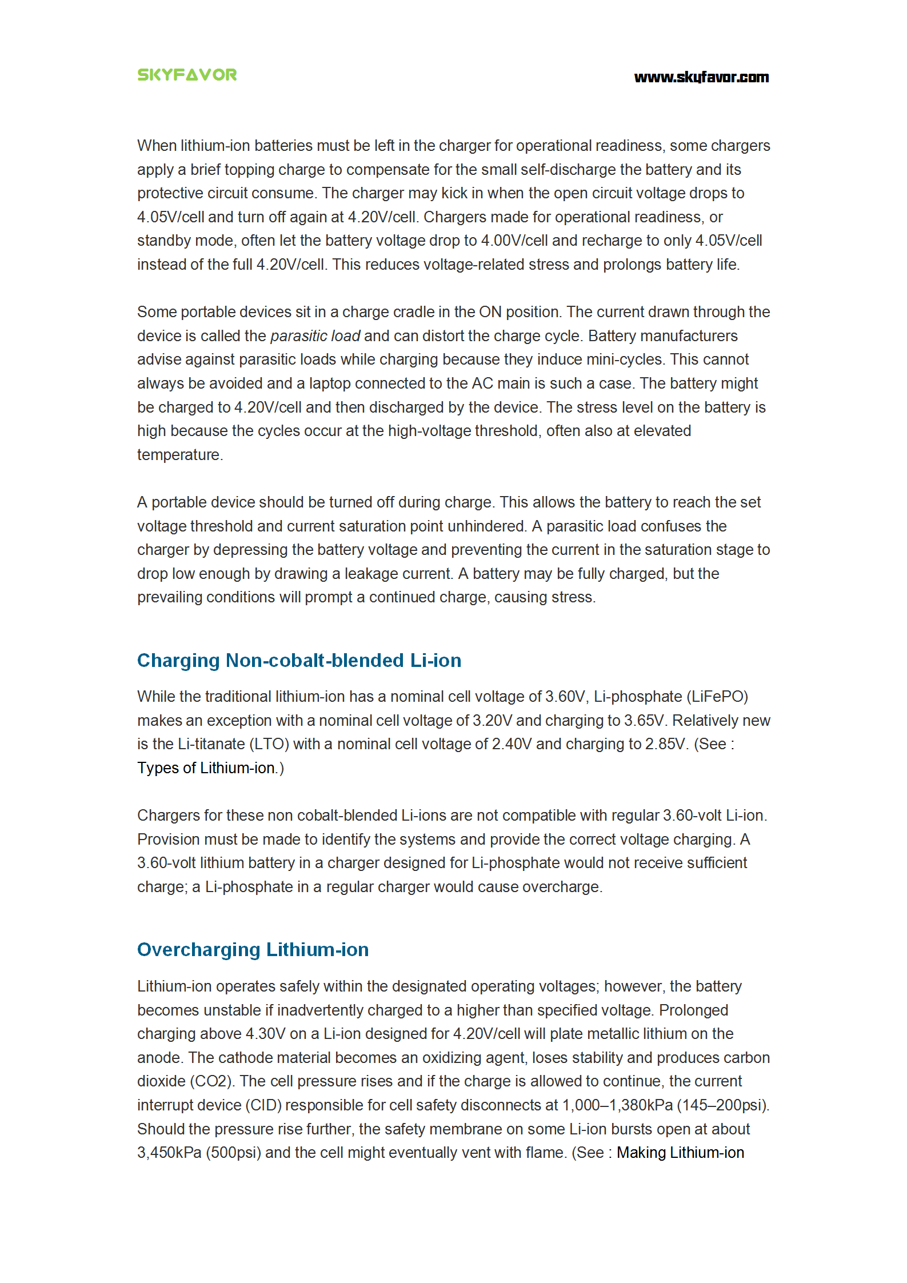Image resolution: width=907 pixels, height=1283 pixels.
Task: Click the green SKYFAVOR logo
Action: point(187,75)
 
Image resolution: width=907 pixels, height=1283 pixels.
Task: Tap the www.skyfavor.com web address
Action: point(701,77)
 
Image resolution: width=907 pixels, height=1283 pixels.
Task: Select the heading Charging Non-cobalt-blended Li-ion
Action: point(299,661)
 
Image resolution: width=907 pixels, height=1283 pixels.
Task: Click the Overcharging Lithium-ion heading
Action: point(253,950)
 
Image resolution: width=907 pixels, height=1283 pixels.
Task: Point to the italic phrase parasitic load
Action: point(315,336)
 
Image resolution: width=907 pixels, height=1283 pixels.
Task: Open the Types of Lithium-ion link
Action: point(206,768)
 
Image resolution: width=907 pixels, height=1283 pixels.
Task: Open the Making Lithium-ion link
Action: point(680,1153)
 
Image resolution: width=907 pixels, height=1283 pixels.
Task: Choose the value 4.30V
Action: point(266,1034)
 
